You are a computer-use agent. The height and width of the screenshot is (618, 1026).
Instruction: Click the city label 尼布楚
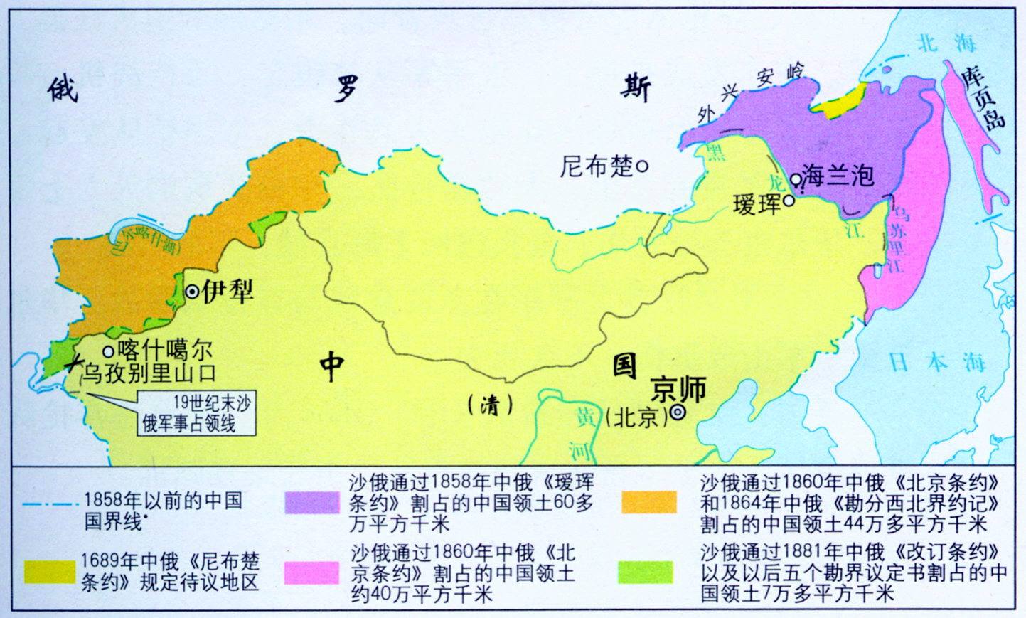click(596, 166)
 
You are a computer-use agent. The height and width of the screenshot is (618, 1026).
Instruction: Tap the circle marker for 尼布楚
click(641, 166)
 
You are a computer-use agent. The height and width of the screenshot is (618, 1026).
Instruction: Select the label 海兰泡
click(837, 174)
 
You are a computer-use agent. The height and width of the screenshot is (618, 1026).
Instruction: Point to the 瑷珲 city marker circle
click(789, 202)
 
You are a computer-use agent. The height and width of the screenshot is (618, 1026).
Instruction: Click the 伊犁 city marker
click(192, 292)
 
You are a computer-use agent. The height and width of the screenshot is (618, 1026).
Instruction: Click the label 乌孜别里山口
click(149, 373)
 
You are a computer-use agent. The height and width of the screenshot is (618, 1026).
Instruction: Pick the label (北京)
click(636, 417)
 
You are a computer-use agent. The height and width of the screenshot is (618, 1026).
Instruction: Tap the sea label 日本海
click(936, 362)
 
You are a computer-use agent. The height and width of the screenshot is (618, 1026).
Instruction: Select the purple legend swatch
click(311, 502)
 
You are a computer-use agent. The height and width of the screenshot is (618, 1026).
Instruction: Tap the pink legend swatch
click(311, 573)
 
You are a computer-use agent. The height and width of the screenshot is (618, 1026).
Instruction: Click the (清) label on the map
click(491, 405)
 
